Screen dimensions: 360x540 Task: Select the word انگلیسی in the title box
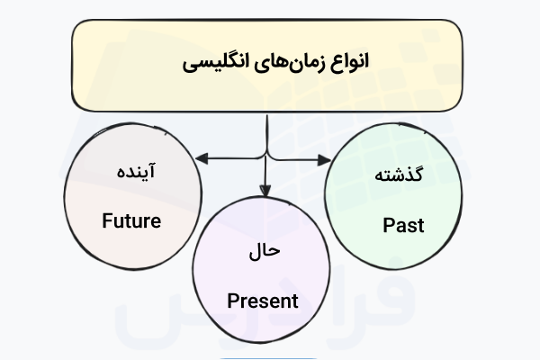coord(217,64)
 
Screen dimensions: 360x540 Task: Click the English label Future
coord(131,220)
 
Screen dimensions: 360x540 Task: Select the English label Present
coord(262,301)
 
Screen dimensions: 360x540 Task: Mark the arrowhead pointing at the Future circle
coord(200,159)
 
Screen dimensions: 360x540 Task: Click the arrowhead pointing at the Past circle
coord(324,159)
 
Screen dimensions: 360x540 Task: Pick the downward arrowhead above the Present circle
coord(265,187)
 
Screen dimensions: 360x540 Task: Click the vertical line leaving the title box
coord(265,126)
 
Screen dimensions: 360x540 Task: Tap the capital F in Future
coord(107,220)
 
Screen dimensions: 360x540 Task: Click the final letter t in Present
coord(293,301)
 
